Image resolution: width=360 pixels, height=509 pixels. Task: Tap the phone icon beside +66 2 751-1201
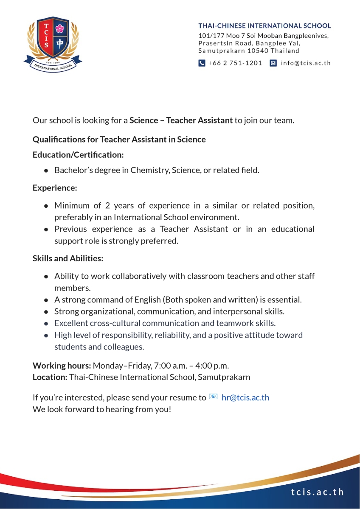point(202,63)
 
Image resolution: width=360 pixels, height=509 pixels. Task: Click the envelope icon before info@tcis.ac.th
point(273,63)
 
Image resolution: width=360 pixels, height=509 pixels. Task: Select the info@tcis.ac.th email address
point(306,63)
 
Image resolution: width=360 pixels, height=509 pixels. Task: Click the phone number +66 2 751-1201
point(235,63)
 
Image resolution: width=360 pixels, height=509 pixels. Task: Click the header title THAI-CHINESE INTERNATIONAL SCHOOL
point(264,26)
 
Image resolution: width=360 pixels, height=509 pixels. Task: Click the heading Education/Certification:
point(78,155)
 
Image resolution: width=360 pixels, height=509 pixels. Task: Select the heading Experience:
point(55,187)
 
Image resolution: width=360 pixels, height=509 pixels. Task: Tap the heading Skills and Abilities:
point(68,258)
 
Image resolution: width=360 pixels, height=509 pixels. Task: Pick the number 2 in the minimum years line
point(107,206)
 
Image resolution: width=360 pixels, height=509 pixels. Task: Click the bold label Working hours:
point(62,365)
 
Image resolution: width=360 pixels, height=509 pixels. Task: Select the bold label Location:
point(50,377)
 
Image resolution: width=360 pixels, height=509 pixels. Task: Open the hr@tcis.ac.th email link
point(245,398)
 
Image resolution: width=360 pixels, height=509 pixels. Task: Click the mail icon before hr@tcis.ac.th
point(214,397)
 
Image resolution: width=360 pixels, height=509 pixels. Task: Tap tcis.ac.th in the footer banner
point(318,492)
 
